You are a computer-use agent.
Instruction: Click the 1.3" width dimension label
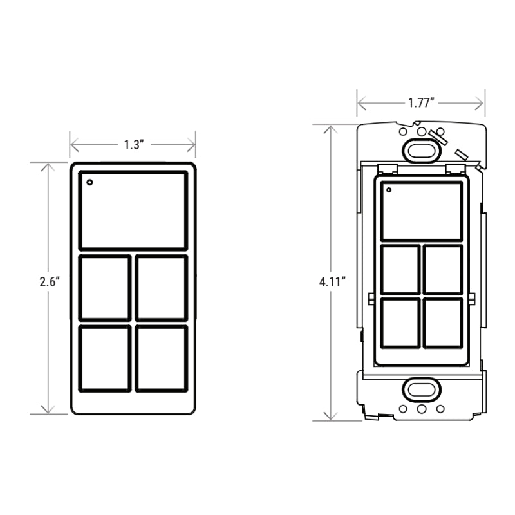pos(133,145)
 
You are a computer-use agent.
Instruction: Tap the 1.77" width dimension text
pos(422,102)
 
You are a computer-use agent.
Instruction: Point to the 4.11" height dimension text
pos(332,281)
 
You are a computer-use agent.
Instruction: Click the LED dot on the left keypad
pos(89,182)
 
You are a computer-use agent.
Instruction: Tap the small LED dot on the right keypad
pos(388,189)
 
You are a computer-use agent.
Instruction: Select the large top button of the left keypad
pos(133,211)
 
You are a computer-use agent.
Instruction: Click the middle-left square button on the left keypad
pos(105,288)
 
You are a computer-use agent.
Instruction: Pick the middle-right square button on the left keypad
pos(162,288)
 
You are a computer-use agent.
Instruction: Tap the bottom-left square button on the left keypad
pos(105,359)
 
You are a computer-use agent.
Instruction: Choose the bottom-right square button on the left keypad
pos(162,359)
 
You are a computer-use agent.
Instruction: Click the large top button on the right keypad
pos(422,212)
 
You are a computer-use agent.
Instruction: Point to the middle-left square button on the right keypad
pos(400,270)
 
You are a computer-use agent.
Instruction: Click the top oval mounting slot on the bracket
pos(421,149)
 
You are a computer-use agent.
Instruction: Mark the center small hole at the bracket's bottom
pos(421,409)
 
